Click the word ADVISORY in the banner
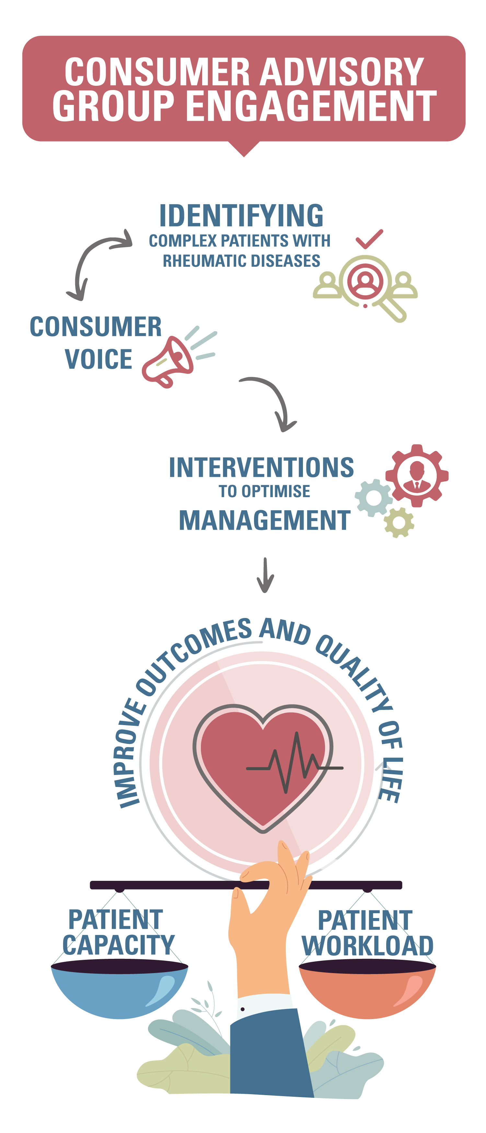click(x=341, y=72)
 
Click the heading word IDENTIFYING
click(x=241, y=216)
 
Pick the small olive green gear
click(x=399, y=522)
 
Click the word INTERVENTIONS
click(x=261, y=467)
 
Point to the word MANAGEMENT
click(x=265, y=521)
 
